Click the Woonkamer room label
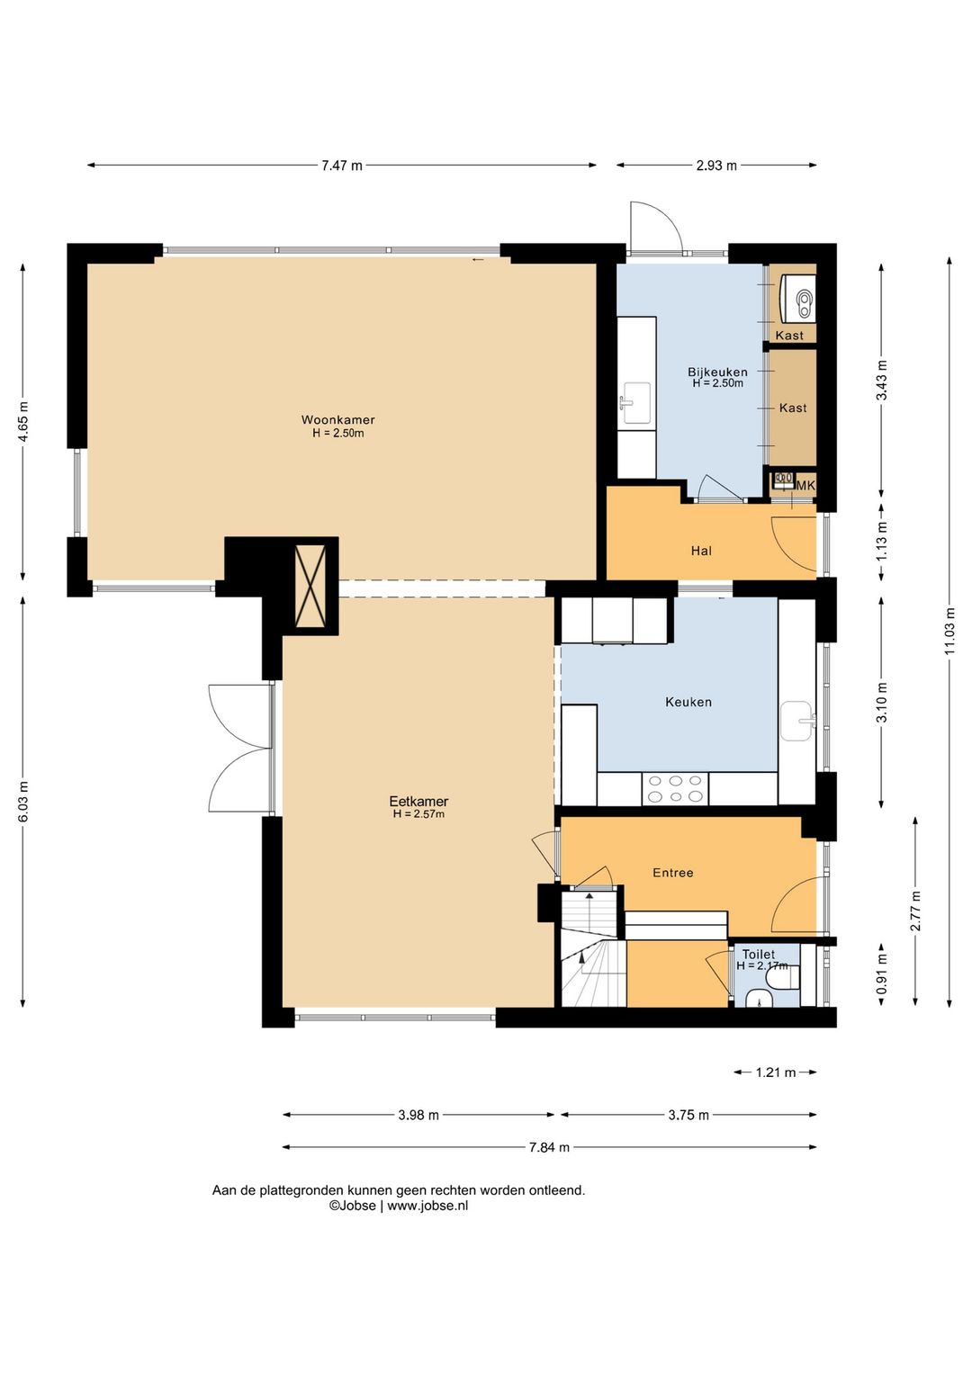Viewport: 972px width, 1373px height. [x=337, y=420]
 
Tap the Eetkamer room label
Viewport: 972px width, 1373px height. [x=418, y=801]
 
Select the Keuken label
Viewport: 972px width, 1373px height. [x=688, y=702]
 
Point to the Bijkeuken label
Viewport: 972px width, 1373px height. [x=717, y=372]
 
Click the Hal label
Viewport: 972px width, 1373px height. [x=702, y=551]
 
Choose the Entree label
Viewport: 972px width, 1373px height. [x=672, y=872]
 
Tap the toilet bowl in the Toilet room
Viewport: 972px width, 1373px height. [x=788, y=977]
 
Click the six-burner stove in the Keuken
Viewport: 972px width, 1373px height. [x=675, y=788]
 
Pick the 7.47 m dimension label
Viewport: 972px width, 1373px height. [x=342, y=166]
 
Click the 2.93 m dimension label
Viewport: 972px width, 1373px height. [x=716, y=166]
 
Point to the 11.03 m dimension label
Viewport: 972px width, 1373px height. [x=949, y=631]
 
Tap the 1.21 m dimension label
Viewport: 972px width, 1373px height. [x=776, y=1072]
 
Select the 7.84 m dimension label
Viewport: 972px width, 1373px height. [x=550, y=1147]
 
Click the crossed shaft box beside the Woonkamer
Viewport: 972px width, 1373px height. [x=310, y=586]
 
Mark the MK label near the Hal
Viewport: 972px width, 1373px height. [x=805, y=486]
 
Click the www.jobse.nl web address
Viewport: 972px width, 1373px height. [x=428, y=1205]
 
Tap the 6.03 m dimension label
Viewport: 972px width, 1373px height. [x=23, y=803]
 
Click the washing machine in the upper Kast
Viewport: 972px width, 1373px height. [x=797, y=299]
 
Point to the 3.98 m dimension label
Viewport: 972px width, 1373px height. [x=418, y=1115]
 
